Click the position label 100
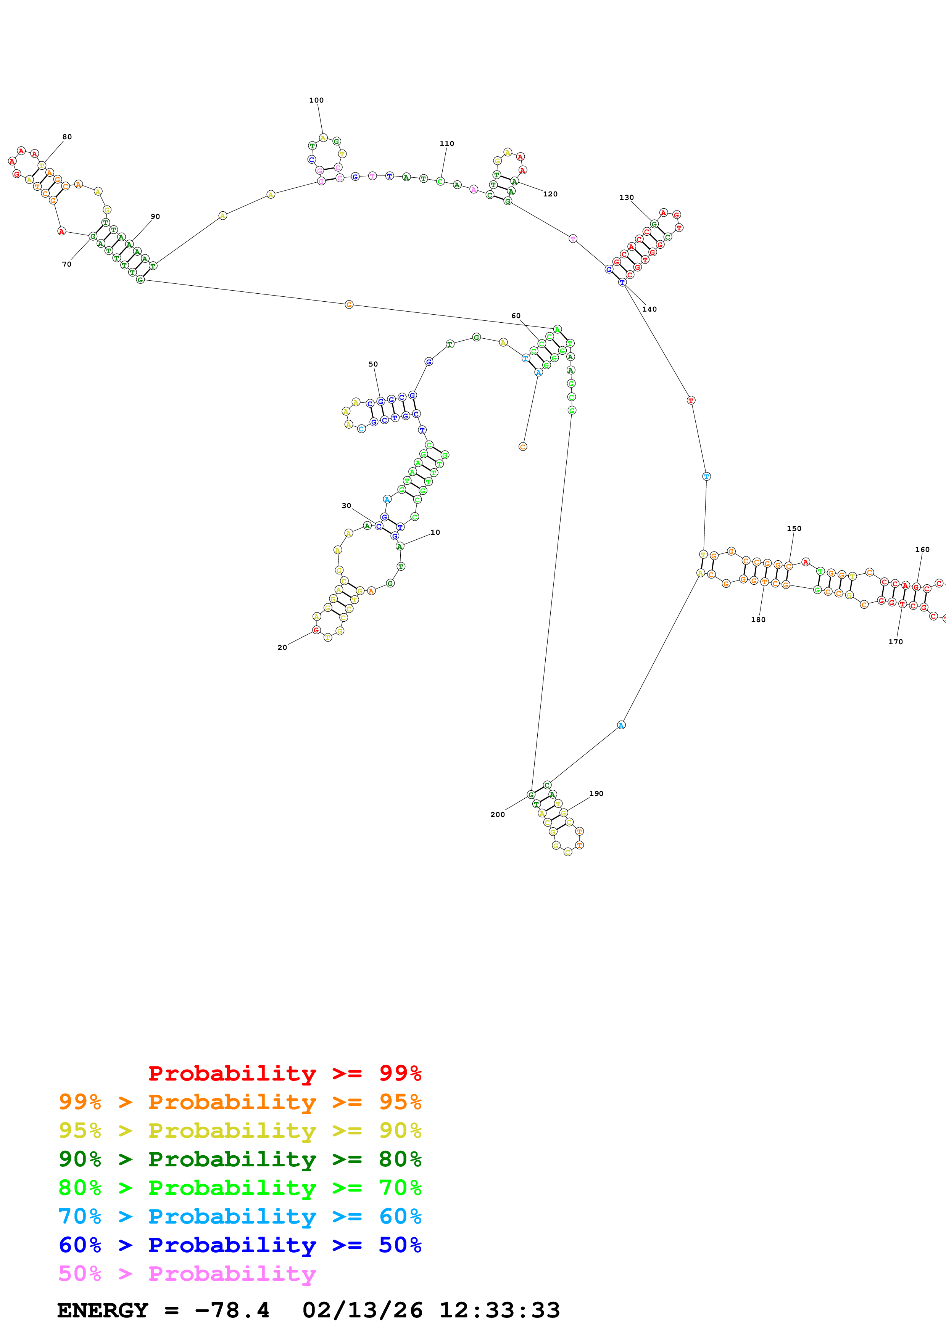click(x=316, y=100)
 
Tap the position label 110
click(x=446, y=144)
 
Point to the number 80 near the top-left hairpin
click(x=67, y=137)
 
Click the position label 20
click(x=282, y=647)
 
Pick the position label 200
click(x=497, y=815)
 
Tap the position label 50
click(x=373, y=364)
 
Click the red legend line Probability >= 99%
click(x=284, y=1073)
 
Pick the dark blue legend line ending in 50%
click(x=240, y=1245)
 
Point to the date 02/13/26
click(x=362, y=1311)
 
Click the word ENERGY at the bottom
click(x=103, y=1311)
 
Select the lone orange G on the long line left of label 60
click(x=348, y=305)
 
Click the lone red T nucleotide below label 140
click(x=691, y=400)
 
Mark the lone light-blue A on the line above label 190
click(x=621, y=725)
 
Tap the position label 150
click(x=794, y=529)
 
